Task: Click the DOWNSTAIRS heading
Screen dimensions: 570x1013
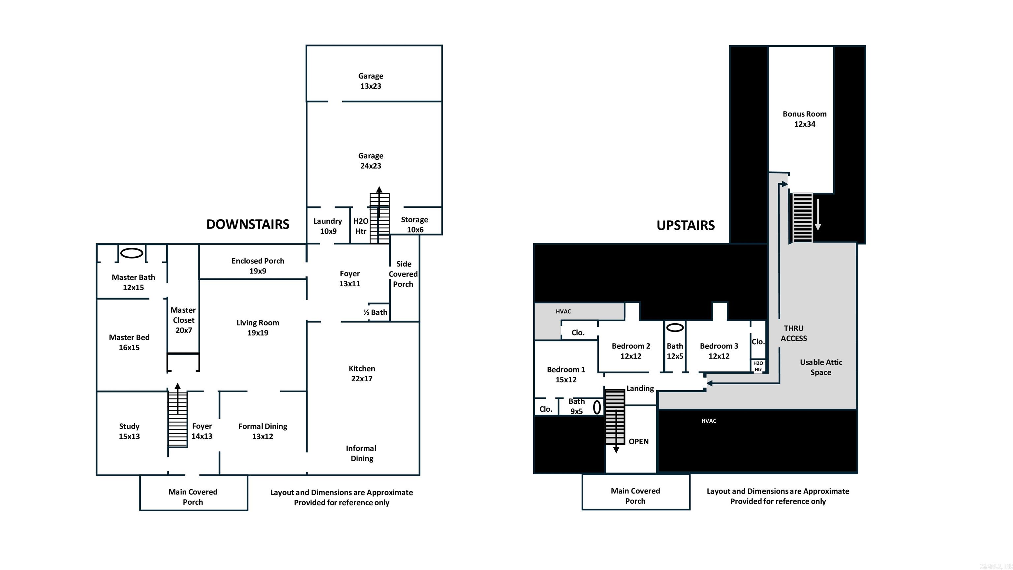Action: pyautogui.click(x=248, y=224)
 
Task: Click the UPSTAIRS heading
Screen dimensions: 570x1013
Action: pyautogui.click(x=686, y=225)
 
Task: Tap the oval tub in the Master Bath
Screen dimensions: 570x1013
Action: pyautogui.click(x=131, y=253)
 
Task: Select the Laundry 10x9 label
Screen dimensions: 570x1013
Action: pyautogui.click(x=327, y=226)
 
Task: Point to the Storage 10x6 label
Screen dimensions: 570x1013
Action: pyautogui.click(x=414, y=224)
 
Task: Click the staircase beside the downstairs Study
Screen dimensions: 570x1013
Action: pyautogui.click(x=178, y=419)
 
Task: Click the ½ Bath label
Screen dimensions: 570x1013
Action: pyautogui.click(x=375, y=312)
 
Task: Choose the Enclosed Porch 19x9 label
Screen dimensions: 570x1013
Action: pyautogui.click(x=258, y=266)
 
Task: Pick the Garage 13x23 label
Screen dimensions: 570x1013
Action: pyautogui.click(x=370, y=80)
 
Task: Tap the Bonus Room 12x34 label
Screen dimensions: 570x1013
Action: pyautogui.click(x=805, y=119)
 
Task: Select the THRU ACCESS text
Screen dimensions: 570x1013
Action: pyautogui.click(x=794, y=333)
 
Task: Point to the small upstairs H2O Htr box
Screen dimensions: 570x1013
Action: pyautogui.click(x=758, y=366)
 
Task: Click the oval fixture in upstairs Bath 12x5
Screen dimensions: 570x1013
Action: pyautogui.click(x=675, y=327)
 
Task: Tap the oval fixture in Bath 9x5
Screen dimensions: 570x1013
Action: pyautogui.click(x=597, y=407)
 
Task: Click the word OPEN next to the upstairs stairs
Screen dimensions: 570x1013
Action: pyautogui.click(x=638, y=441)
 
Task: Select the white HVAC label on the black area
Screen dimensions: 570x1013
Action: pyautogui.click(x=709, y=421)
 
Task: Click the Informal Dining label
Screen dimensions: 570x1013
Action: pyautogui.click(x=361, y=453)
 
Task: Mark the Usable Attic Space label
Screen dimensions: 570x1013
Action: pyautogui.click(x=821, y=367)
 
